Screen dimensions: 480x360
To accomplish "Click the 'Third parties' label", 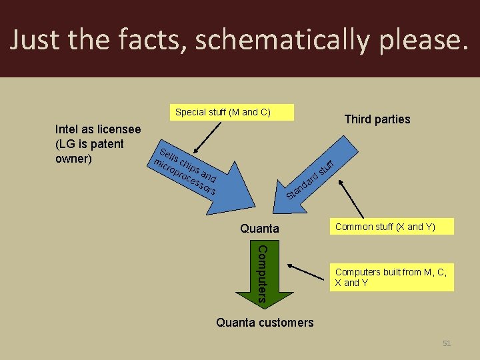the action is click(x=377, y=119).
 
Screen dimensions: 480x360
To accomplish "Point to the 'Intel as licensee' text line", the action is click(x=97, y=129).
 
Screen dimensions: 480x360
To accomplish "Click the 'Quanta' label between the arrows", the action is click(x=259, y=229).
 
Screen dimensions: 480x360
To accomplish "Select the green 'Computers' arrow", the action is click(x=262, y=280).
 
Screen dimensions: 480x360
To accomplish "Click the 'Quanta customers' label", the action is click(x=265, y=323).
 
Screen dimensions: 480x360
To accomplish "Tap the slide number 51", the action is click(x=447, y=343).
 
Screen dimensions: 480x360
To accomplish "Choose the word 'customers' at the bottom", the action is click(x=285, y=323).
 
